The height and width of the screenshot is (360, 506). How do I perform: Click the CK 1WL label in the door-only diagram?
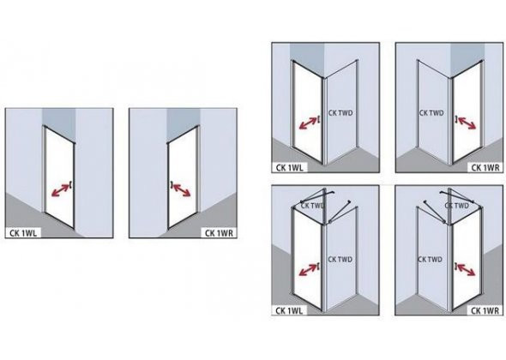(23, 233)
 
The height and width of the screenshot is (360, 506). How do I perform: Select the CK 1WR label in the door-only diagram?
(219, 233)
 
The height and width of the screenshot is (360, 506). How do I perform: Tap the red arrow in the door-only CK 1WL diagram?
(60, 190)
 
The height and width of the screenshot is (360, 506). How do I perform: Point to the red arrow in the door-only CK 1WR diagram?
(182, 190)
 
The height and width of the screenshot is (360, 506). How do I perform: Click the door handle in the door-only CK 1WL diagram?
(70, 185)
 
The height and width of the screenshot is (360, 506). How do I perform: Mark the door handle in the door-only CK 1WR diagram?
(172, 184)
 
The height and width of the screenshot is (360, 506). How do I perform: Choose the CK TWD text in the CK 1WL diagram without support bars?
(340, 113)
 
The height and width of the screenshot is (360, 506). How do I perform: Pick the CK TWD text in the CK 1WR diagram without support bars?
(431, 113)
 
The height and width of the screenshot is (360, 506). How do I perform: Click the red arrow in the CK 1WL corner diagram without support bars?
(308, 123)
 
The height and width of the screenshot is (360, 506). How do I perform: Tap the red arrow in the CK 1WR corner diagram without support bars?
(467, 123)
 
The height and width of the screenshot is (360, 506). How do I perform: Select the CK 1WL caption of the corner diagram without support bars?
(289, 168)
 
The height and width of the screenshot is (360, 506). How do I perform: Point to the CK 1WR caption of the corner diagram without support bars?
(485, 168)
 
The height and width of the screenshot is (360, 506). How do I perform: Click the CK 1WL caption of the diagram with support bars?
(289, 310)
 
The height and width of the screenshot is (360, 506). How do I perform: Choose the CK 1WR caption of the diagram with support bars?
(485, 310)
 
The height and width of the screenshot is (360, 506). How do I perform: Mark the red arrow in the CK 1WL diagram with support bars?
(308, 270)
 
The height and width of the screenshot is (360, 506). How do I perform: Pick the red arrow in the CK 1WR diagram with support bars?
(467, 270)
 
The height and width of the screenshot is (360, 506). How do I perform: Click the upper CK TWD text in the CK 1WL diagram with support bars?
(313, 205)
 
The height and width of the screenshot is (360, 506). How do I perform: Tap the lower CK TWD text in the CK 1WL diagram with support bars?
(340, 260)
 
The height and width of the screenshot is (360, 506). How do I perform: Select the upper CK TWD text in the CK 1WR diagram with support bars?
(456, 206)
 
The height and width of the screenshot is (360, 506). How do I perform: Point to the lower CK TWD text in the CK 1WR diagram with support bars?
(430, 260)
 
